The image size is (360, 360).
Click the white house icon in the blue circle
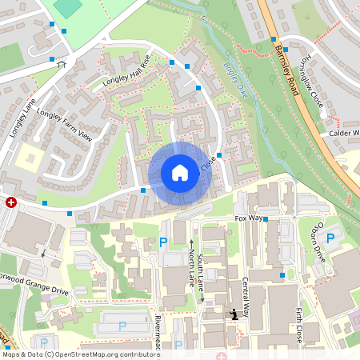point(180,173)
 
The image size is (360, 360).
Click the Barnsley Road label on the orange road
point(286,69)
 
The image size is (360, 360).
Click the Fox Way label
point(248,218)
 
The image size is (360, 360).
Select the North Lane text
point(192,264)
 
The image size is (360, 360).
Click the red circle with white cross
point(11,203)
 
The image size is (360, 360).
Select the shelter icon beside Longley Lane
point(61,63)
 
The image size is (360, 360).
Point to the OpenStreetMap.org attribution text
point(104,354)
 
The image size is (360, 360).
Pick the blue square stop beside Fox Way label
point(266,218)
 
